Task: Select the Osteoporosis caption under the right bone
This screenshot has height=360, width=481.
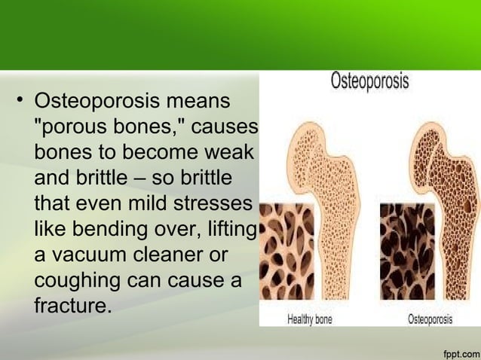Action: (x=430, y=319)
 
